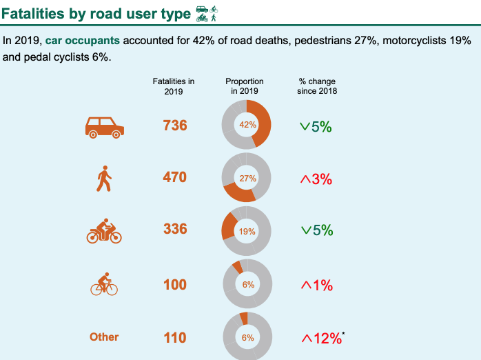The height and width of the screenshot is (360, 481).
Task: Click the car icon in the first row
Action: click(105, 126)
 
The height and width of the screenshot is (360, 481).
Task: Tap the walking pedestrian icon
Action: click(104, 179)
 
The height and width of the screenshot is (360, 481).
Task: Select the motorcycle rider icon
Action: click(104, 231)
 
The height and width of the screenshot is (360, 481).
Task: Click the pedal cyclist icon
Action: click(104, 284)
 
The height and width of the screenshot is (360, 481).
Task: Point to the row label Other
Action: click(104, 337)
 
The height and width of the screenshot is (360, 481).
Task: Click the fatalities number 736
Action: click(175, 126)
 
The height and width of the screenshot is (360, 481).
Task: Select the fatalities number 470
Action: click(175, 177)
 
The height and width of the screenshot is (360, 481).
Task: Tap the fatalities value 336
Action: click(175, 229)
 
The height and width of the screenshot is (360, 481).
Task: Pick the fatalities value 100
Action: click(175, 284)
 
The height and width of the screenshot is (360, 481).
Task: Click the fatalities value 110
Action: click(175, 337)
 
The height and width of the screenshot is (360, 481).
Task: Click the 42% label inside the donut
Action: click(247, 126)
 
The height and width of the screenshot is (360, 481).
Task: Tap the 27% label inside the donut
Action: click(247, 178)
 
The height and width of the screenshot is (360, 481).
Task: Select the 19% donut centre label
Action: click(247, 232)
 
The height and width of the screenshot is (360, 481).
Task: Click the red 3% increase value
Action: click(316, 179)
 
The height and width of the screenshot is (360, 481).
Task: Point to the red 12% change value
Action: click(322, 338)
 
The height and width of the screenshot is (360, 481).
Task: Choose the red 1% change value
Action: click(316, 285)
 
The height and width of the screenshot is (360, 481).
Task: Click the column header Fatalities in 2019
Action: click(174, 86)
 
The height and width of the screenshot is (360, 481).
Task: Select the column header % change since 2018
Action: click(318, 86)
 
